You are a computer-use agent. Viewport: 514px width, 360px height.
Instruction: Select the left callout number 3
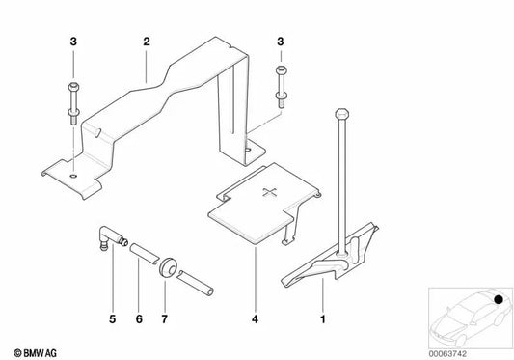72,43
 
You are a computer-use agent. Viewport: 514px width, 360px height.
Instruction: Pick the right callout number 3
280,43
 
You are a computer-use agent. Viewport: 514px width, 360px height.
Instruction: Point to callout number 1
321,316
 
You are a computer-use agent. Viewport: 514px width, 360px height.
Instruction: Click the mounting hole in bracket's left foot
72,176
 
